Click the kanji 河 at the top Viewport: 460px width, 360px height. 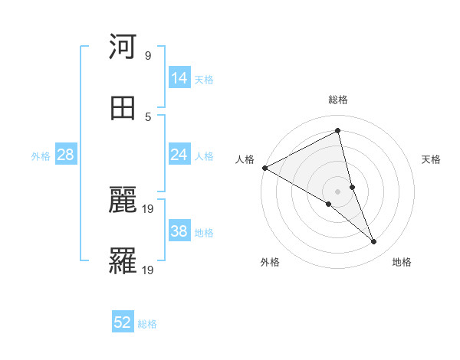click(123, 47)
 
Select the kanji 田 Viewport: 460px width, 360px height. click(123, 108)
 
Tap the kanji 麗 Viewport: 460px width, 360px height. click(123, 201)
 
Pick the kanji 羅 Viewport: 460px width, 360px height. click(123, 261)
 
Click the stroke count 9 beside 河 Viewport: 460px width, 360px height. click(148, 56)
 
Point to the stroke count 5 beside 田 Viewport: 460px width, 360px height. click(148, 117)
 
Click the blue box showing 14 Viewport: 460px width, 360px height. click(179, 77)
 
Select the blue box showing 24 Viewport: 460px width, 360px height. click(179, 155)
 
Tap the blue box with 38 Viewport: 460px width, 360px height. click(179, 231)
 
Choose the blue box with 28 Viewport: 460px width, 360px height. click(66, 155)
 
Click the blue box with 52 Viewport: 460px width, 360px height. click(123, 322)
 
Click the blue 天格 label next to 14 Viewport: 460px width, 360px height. click(204, 79)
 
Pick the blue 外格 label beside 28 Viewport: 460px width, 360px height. click(41, 156)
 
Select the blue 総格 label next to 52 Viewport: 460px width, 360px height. click(147, 324)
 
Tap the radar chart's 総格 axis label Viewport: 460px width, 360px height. click(338, 100)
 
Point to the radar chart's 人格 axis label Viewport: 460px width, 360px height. click(245, 159)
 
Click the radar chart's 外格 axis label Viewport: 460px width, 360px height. click(270, 262)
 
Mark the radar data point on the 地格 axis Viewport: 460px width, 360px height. click(374, 242)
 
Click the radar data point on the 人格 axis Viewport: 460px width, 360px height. click(264, 167)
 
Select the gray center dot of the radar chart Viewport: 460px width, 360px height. click(338, 191)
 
